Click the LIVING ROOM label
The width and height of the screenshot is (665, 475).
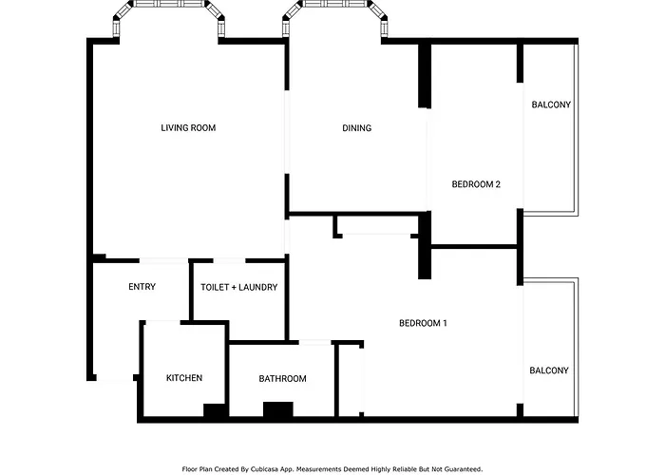(x=188, y=127)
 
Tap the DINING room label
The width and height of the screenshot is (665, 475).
(x=356, y=127)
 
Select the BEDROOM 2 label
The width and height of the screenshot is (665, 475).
(x=476, y=184)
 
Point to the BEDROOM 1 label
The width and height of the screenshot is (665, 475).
(x=423, y=323)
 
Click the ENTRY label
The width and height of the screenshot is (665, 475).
(x=142, y=287)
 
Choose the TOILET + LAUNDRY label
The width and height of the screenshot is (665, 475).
(x=239, y=287)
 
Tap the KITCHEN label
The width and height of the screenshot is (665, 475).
(x=184, y=378)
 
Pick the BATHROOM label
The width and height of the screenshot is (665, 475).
(x=282, y=378)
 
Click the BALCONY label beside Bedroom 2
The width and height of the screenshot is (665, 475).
(x=551, y=104)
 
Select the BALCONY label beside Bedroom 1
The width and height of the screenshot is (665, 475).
(x=549, y=370)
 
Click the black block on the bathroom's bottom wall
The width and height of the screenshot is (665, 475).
(x=278, y=409)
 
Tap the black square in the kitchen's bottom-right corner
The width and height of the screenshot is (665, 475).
(x=215, y=410)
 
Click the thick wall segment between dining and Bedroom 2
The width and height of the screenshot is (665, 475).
(x=425, y=75)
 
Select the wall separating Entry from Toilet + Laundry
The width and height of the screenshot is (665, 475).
(x=191, y=291)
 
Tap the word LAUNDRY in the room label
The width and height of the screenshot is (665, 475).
(x=257, y=287)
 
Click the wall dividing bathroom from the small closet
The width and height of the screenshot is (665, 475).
(x=336, y=380)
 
